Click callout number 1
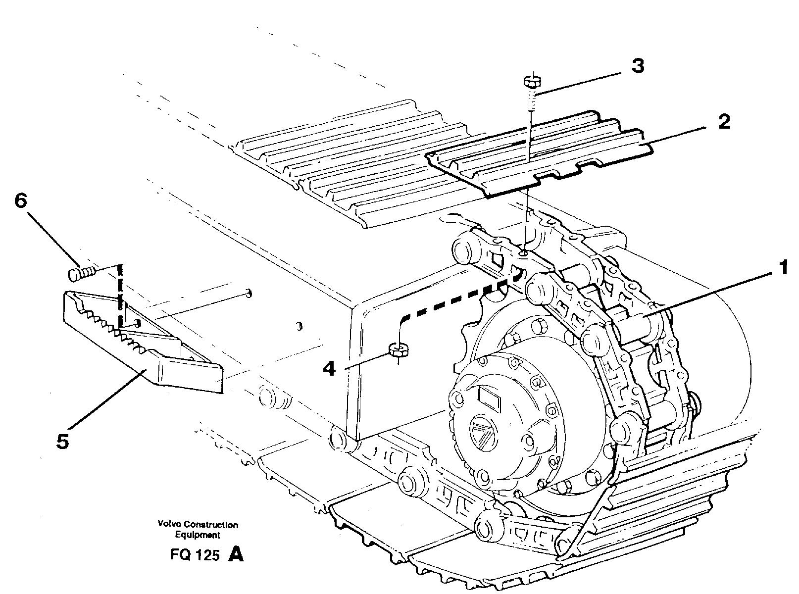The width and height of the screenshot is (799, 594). coord(783,269)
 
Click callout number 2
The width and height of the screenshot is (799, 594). coord(724,121)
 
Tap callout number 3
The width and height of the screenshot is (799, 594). coord(638,66)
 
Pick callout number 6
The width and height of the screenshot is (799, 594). coord(21,201)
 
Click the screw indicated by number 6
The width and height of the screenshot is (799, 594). coord(82,272)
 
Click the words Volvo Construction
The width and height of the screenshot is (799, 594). coord(198,525)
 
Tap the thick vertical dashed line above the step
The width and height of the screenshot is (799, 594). coord(120,297)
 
